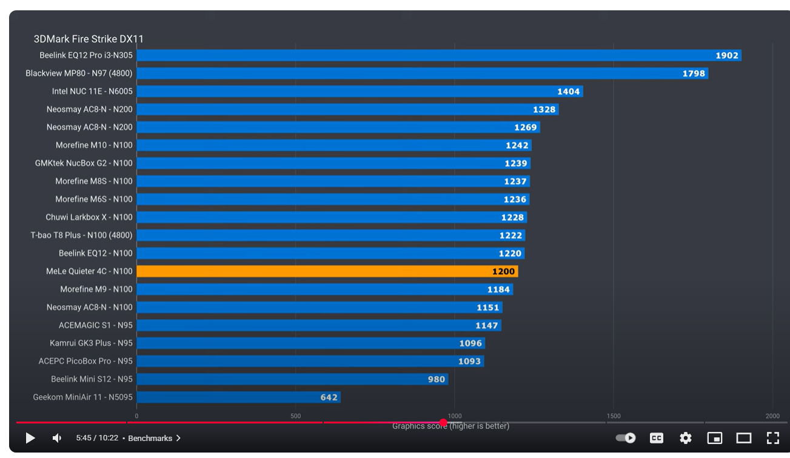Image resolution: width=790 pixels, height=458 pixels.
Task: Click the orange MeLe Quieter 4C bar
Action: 327,271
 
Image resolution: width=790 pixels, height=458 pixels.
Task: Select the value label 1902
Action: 727,56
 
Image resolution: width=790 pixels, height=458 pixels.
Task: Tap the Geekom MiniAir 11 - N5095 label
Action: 83,397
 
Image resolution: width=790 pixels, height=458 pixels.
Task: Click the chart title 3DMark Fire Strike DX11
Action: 89,39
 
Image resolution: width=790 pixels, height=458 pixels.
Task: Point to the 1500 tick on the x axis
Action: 613,416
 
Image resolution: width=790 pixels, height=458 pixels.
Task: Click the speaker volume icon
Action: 56,438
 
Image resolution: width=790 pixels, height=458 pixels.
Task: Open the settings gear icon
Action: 685,438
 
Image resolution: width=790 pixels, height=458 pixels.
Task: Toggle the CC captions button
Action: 656,438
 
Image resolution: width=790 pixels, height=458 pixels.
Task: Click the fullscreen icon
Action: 772,438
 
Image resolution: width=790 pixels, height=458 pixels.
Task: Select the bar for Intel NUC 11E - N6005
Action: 360,92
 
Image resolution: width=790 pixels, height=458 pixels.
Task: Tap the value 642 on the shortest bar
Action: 329,397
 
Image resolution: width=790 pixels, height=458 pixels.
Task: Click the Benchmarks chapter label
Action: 150,438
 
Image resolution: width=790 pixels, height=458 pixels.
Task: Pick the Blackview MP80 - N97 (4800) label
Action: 79,73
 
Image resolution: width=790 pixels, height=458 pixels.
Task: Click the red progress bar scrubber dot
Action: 443,422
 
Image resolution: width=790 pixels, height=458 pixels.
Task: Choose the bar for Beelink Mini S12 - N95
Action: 292,379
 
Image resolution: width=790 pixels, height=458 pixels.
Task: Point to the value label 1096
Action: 470,343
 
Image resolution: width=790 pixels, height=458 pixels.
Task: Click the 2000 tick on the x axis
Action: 772,416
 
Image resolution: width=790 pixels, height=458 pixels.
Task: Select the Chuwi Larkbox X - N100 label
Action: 89,217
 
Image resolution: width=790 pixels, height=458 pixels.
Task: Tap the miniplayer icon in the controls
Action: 715,438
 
